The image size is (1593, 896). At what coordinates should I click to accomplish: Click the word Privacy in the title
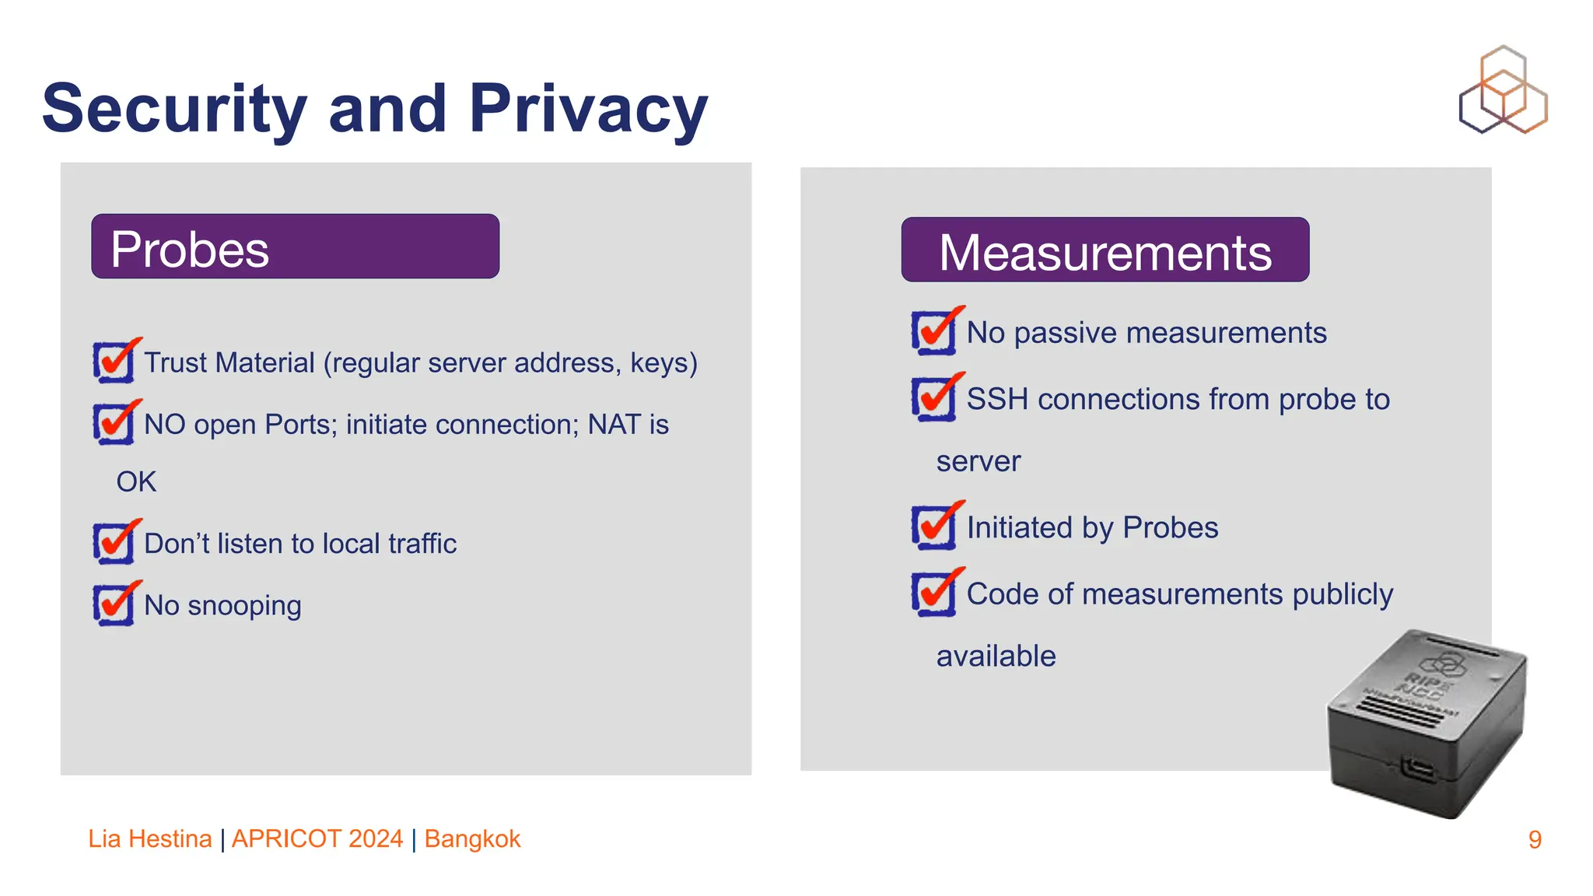[588, 109]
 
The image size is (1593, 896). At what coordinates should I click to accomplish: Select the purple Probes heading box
[295, 247]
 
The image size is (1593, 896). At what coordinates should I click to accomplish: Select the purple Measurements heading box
[1105, 250]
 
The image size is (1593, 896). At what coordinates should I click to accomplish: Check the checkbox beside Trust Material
[114, 362]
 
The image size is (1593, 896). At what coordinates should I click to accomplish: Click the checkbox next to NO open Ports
[114, 423]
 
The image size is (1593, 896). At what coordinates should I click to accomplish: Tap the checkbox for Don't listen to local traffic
[114, 542]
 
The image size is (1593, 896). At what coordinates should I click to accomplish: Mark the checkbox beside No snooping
[114, 604]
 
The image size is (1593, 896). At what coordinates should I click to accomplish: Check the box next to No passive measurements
[933, 332]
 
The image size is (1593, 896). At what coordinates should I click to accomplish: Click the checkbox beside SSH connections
[933, 398]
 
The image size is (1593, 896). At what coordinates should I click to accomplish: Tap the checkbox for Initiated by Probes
[933, 527]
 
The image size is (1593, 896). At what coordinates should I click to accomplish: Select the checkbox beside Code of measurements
[933, 593]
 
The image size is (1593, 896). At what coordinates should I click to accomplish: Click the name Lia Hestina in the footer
[149, 838]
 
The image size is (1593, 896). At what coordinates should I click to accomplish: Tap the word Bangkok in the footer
[472, 838]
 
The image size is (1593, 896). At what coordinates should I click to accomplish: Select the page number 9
[1534, 839]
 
